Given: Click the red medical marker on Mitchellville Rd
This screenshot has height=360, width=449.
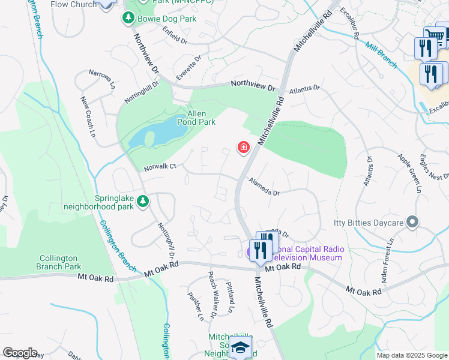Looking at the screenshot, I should [243, 147].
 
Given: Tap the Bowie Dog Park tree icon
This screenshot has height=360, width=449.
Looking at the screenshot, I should [127, 19].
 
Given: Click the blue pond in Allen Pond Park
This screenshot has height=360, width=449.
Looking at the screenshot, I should [153, 134].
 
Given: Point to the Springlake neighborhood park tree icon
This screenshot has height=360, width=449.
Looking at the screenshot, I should [143, 202].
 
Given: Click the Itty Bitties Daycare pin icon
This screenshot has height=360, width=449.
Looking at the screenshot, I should [412, 223].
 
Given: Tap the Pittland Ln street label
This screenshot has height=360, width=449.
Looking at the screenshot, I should [229, 296].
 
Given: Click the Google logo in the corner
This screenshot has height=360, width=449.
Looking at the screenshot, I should [20, 353].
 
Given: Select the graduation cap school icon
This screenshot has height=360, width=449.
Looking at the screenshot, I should [240, 347].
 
